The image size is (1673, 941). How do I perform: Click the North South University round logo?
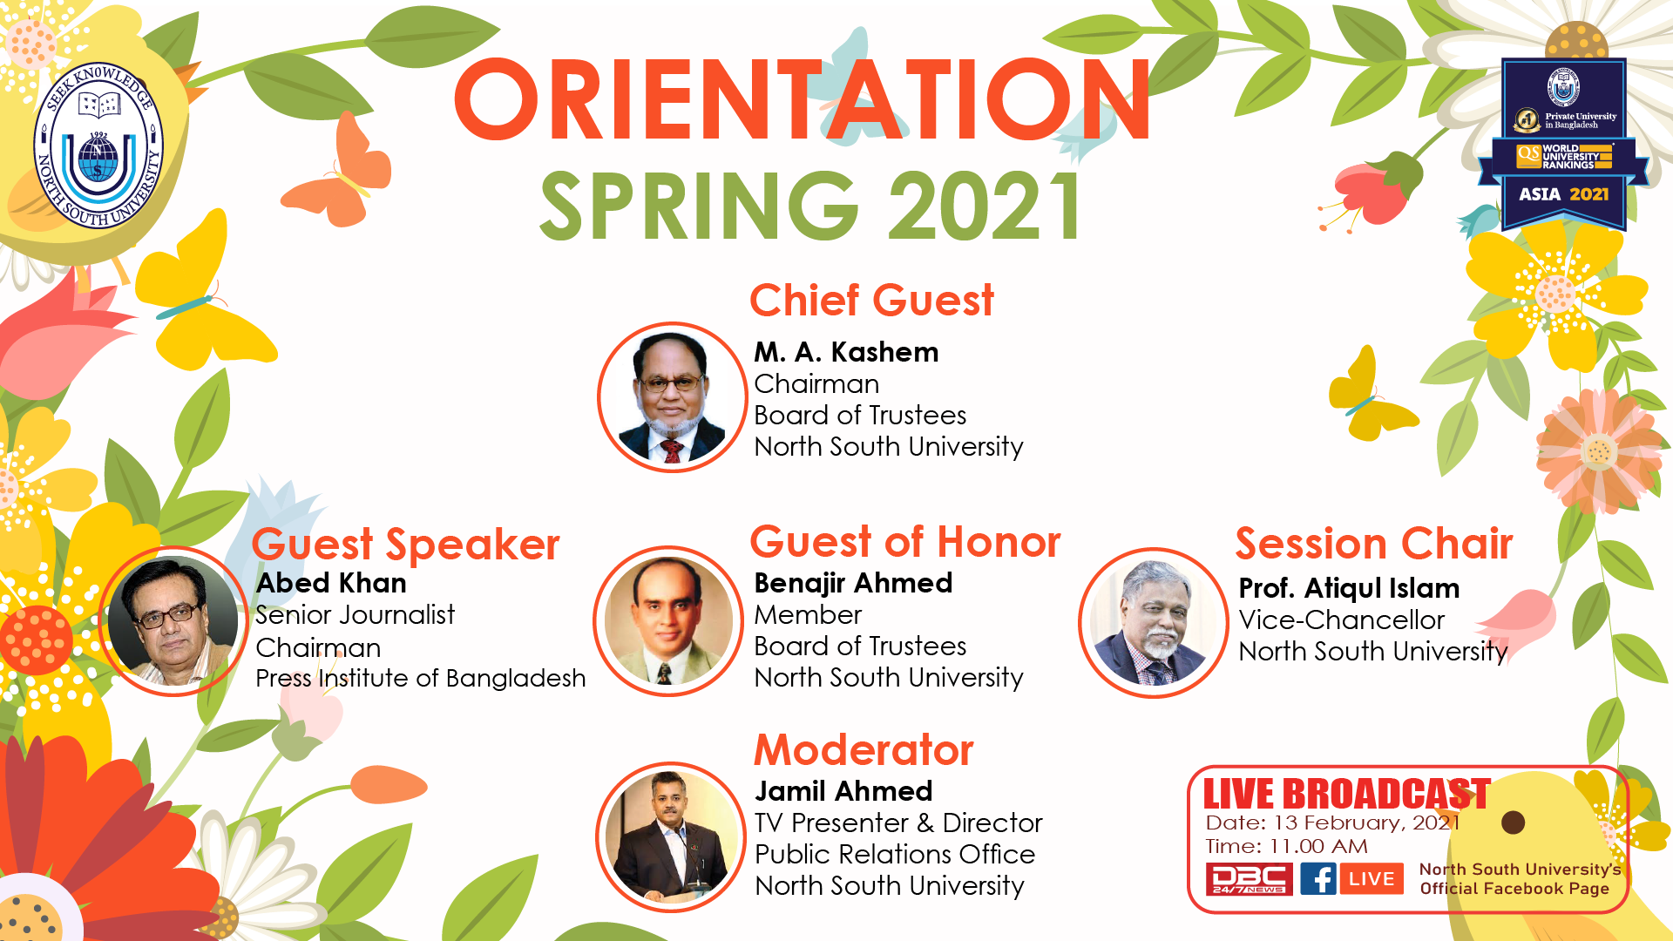tap(98, 146)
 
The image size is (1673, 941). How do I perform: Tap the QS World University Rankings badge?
tap(1563, 144)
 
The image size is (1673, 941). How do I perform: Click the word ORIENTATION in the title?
tap(803, 100)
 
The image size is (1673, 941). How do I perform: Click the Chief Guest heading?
tap(871, 301)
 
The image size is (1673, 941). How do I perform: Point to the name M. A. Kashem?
tap(846, 352)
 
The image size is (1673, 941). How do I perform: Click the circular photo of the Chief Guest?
tap(672, 397)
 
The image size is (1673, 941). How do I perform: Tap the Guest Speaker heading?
tap(405, 545)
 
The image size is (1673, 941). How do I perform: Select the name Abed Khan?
tap(331, 583)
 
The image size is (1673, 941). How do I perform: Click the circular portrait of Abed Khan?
tap(174, 621)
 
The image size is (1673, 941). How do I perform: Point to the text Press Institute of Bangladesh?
tap(420, 678)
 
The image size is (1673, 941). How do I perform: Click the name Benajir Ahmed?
tap(853, 583)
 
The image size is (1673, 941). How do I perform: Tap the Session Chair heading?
tap(1374, 544)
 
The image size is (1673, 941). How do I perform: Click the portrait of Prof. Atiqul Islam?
tap(1154, 622)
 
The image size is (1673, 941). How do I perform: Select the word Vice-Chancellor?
tap(1342, 619)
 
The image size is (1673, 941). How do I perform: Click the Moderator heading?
tap(864, 750)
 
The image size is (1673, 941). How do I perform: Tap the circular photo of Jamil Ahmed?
tap(671, 837)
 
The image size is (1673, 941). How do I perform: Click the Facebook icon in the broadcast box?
tap(1318, 878)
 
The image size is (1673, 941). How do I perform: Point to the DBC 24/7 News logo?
tap(1249, 878)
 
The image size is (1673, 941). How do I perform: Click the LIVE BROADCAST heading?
tap(1346, 794)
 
